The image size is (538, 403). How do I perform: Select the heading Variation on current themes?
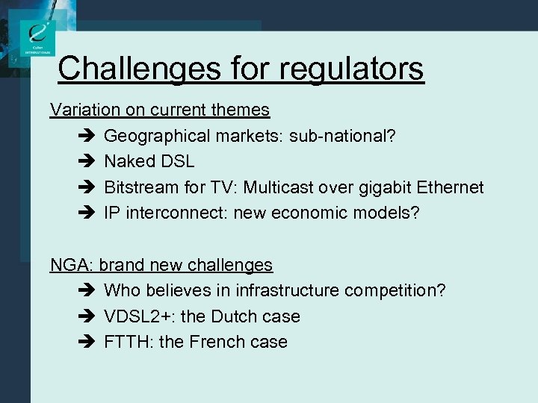(x=160, y=110)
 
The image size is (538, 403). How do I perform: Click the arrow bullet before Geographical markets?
(x=84, y=136)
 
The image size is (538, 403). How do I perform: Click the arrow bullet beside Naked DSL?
(x=84, y=161)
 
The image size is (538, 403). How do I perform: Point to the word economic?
(x=311, y=213)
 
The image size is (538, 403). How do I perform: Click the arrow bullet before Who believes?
(x=84, y=290)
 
